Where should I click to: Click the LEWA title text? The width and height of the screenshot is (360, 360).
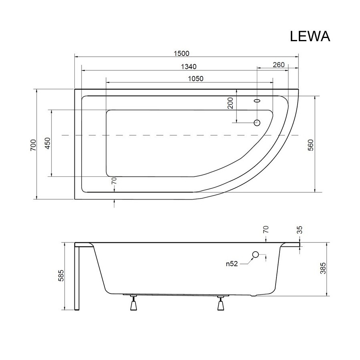pyautogui.click(x=310, y=36)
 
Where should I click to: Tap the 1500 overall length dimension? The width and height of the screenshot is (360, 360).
pyautogui.click(x=182, y=54)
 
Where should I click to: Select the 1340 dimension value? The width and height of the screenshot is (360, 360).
pyautogui.click(x=189, y=66)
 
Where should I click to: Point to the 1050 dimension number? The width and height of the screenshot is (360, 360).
pyautogui.click(x=196, y=79)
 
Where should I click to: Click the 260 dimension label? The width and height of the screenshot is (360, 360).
pyautogui.click(x=279, y=65)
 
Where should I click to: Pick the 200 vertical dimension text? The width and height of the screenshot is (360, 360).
pyautogui.click(x=230, y=103)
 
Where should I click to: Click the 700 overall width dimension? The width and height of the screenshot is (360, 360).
pyautogui.click(x=33, y=145)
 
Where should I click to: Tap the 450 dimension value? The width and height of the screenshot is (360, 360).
pyautogui.click(x=47, y=144)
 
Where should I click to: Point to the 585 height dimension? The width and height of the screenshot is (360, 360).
pyautogui.click(x=61, y=276)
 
